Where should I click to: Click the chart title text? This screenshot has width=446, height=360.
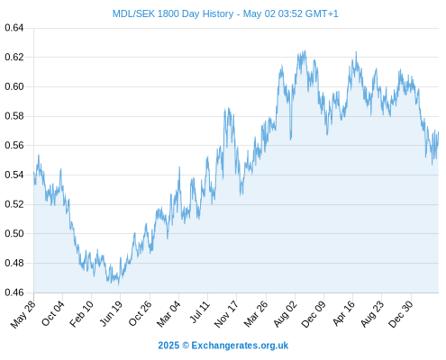(x=225, y=13)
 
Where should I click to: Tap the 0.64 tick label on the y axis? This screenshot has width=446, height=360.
(x=14, y=28)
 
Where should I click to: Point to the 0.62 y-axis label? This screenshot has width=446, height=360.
(x=14, y=57)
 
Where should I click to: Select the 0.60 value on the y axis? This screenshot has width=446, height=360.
(x=14, y=86)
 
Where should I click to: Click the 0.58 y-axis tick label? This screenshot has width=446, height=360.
(x=14, y=116)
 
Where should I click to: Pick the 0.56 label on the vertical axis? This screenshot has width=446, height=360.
(x=14, y=145)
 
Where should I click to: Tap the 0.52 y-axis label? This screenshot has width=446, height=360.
(x=14, y=204)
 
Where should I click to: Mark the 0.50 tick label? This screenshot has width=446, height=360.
(x=14, y=233)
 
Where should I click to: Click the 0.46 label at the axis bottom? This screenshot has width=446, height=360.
(x=14, y=292)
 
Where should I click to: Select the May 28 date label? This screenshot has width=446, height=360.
(x=23, y=314)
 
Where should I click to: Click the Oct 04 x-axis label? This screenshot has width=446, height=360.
(x=53, y=313)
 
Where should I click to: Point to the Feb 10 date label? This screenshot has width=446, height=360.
(x=81, y=313)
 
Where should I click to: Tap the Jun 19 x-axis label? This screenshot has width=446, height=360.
(x=111, y=313)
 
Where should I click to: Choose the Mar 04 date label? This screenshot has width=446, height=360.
(x=168, y=314)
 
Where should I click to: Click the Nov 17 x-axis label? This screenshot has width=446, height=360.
(x=226, y=314)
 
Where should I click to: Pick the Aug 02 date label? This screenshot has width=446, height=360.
(x=286, y=314)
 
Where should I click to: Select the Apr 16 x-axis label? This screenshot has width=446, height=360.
(x=343, y=313)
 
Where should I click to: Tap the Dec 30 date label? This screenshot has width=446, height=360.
(x=401, y=314)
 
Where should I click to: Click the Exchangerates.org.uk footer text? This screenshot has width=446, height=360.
(x=240, y=346)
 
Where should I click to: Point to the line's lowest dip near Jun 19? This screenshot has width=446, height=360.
(x=118, y=284)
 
